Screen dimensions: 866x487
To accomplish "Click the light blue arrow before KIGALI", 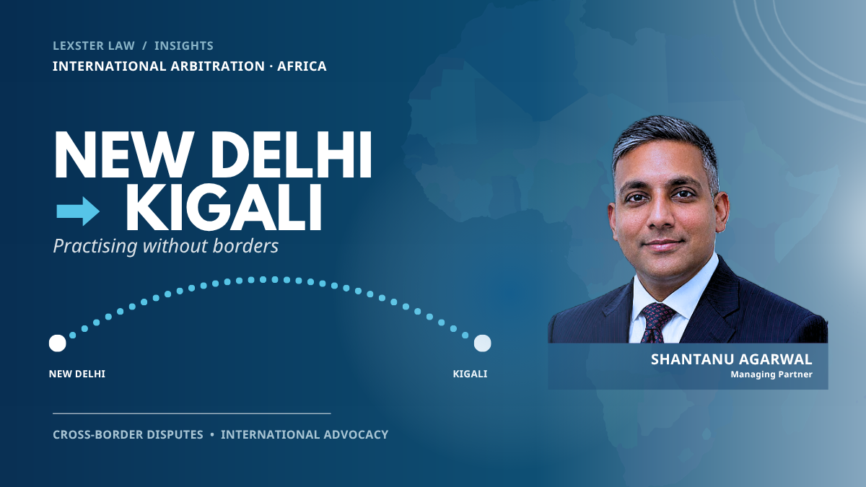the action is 78,211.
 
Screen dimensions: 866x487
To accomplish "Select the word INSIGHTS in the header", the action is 183,45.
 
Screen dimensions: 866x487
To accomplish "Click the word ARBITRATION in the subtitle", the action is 218,66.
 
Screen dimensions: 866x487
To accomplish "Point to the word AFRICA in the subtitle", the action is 302,66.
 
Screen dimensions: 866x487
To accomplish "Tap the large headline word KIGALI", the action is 224,208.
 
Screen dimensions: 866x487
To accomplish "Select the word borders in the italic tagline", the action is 245,246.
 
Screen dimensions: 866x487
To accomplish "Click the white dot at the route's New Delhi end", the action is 58,343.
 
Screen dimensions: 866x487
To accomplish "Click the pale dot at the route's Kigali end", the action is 483,343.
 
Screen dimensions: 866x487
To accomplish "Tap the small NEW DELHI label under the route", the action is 77,374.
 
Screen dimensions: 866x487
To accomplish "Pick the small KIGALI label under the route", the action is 470,374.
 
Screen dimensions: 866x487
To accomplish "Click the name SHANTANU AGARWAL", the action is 732,359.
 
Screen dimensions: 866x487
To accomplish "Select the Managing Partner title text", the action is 771,374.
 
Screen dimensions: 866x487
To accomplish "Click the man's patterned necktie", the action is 657,323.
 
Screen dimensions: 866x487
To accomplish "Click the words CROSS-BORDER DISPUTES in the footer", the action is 128,434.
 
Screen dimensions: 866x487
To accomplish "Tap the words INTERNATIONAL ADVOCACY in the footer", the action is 305,434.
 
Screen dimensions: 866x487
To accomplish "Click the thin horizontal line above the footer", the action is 192,413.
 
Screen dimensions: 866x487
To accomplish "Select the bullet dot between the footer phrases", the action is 212,434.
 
